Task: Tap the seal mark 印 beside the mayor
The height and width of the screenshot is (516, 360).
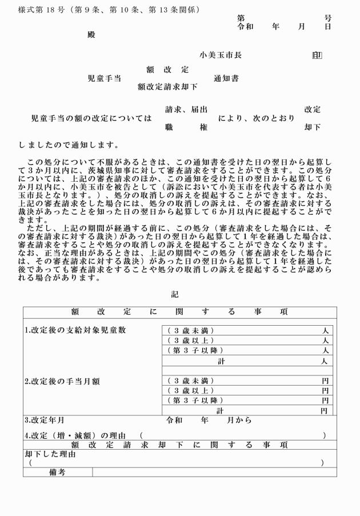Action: point(317,55)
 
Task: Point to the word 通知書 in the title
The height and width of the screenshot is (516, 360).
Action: point(226,78)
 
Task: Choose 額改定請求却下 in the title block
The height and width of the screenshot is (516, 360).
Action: point(167,87)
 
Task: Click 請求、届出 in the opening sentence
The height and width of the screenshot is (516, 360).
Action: point(186,109)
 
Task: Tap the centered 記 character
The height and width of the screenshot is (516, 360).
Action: point(175,295)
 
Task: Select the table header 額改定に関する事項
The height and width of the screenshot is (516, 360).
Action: point(179,312)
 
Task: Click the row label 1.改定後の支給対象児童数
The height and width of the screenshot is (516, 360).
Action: point(75,330)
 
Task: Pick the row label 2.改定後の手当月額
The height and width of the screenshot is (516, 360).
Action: point(66,381)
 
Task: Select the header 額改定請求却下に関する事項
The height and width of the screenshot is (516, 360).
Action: point(179,445)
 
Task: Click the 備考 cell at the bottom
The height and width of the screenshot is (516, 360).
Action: point(58,472)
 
